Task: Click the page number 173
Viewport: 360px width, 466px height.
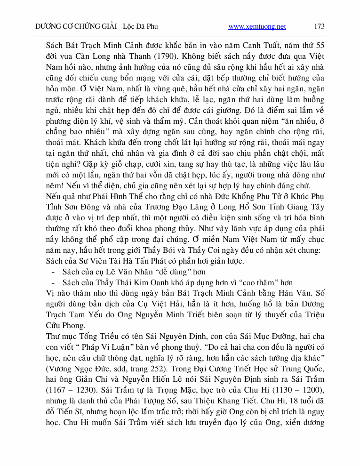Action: coord(319,26)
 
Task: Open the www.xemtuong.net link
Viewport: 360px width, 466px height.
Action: coord(257,26)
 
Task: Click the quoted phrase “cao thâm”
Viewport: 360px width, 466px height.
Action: coord(261,282)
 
